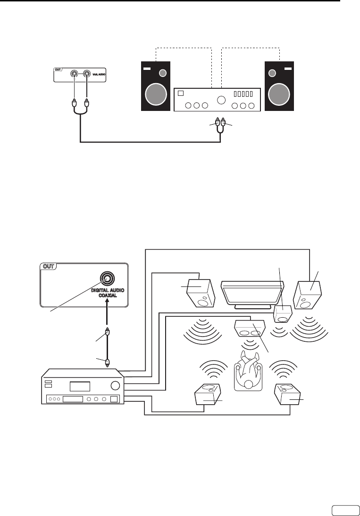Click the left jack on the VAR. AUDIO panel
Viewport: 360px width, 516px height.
(x=75, y=74)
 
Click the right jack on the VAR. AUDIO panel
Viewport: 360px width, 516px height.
(x=87, y=74)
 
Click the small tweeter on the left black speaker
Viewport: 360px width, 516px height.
(x=163, y=73)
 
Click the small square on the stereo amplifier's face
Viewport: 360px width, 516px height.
(x=179, y=93)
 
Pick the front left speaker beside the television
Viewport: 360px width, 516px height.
(x=202, y=292)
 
